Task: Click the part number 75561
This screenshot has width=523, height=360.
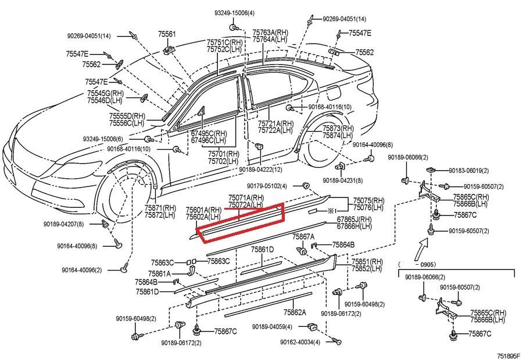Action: click(x=167, y=34)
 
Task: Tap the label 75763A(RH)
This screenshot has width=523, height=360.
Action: click(x=271, y=33)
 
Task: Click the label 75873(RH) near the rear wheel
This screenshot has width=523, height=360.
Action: click(x=339, y=128)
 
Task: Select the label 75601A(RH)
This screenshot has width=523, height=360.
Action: click(x=203, y=210)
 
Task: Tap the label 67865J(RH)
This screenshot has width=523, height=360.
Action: click(x=354, y=219)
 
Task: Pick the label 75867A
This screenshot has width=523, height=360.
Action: click(x=303, y=237)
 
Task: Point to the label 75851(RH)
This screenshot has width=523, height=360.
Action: click(x=367, y=261)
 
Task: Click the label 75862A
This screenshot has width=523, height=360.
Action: click(x=295, y=312)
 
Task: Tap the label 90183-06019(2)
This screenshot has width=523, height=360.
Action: click(x=468, y=171)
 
